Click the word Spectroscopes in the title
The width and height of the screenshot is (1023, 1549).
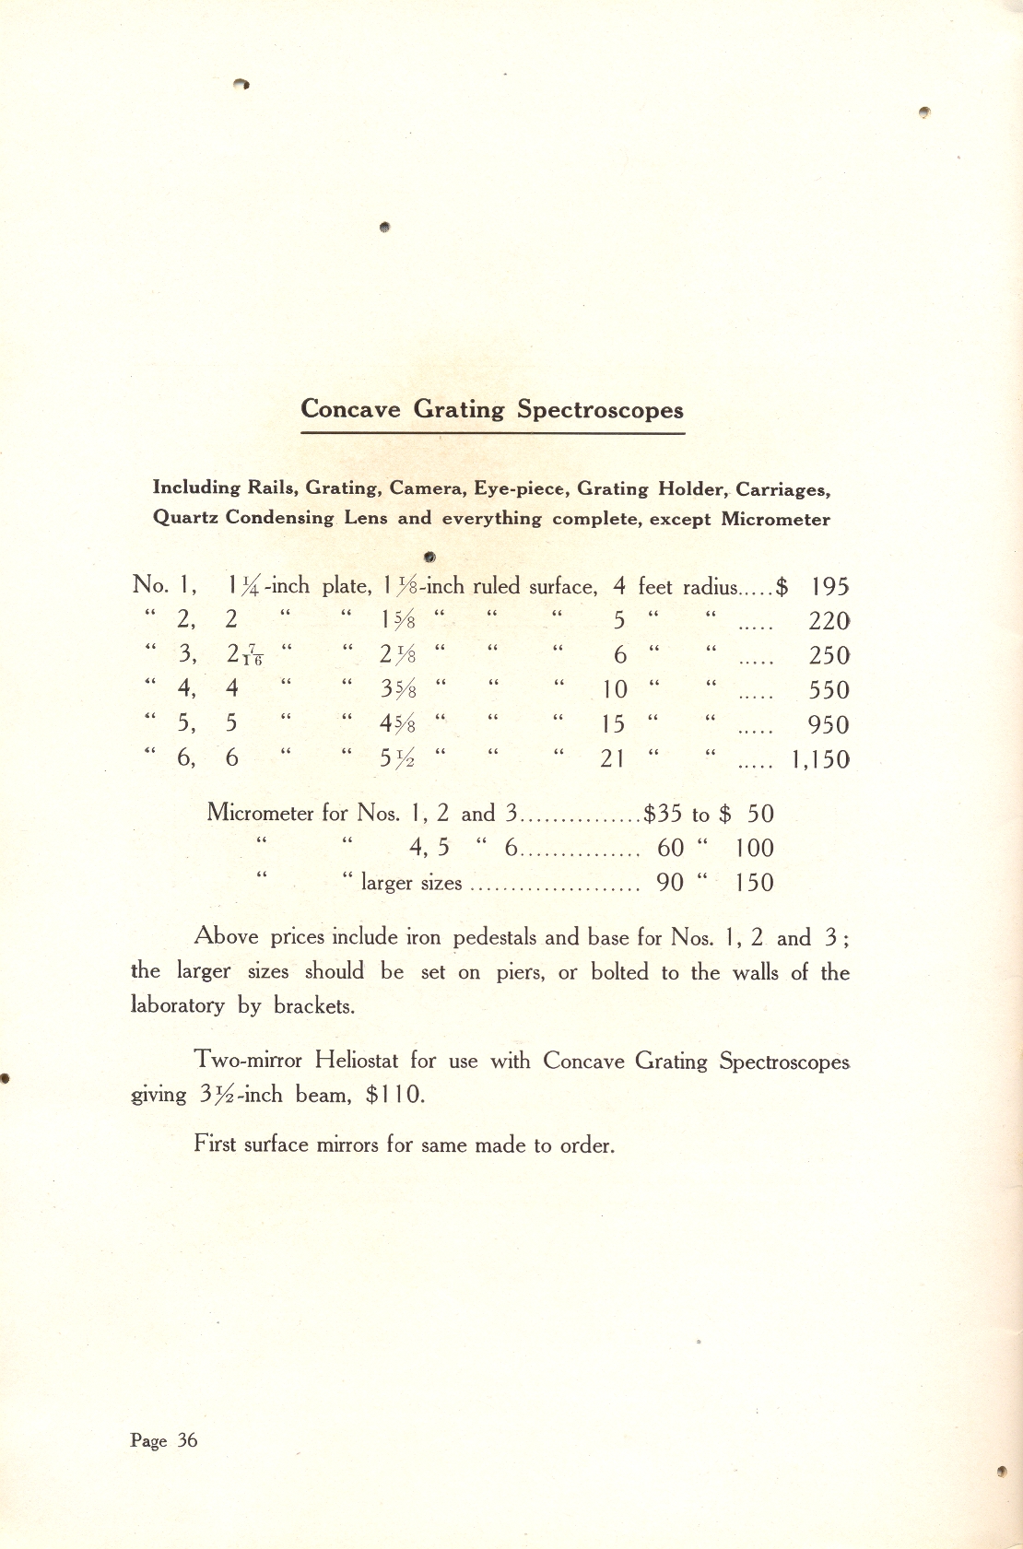600,410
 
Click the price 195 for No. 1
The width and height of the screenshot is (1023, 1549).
829,587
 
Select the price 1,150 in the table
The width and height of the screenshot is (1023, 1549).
820,760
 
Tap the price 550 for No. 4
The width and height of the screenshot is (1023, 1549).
829,690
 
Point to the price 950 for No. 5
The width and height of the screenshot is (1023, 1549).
829,725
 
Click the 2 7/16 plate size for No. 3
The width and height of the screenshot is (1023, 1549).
245,655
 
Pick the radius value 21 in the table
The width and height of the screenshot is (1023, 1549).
613,759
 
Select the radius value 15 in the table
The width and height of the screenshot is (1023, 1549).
613,724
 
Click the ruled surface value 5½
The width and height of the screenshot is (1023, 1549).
397,758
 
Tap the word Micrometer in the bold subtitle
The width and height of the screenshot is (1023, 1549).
775,519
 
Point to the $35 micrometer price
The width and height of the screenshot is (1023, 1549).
663,814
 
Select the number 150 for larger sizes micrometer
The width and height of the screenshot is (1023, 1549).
754,883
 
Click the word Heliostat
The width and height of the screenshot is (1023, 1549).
356,1060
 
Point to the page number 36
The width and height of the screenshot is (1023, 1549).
187,1440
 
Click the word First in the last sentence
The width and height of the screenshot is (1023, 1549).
214,1144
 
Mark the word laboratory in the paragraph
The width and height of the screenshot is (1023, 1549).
177,1005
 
